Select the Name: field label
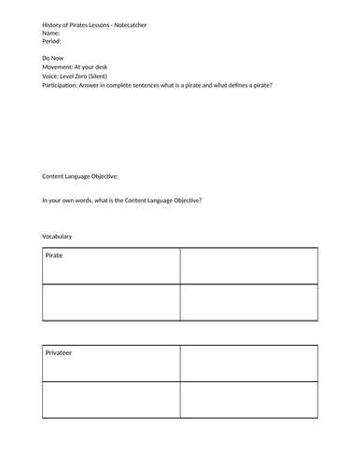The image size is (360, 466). (x=52, y=34)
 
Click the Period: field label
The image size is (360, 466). (x=53, y=42)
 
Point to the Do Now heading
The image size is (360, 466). (x=54, y=60)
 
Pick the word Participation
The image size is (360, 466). (x=63, y=87)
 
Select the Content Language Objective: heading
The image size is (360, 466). (x=93, y=176)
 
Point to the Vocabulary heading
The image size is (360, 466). (x=58, y=236)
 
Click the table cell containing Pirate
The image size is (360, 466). (x=111, y=266)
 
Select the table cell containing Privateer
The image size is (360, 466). (x=111, y=364)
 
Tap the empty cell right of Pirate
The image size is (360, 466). (x=249, y=266)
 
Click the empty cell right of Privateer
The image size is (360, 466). (x=249, y=364)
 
